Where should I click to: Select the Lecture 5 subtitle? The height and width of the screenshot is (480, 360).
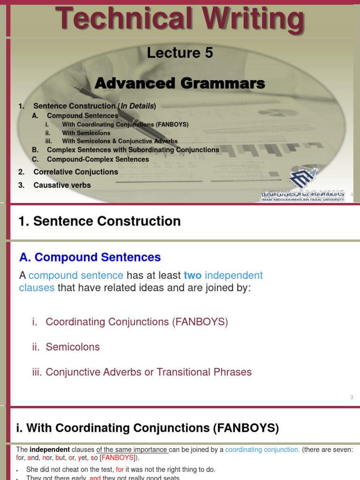click(180, 53)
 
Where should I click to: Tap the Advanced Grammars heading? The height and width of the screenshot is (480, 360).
click(180, 83)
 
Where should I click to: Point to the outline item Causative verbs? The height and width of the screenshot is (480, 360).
click(62, 185)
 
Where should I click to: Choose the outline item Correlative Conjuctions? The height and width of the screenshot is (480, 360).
click(75, 172)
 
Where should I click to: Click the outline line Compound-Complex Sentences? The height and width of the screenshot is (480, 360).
click(98, 159)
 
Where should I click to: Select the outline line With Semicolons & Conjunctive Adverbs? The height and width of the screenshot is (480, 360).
click(120, 141)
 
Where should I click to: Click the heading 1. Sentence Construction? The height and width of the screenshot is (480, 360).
click(99, 221)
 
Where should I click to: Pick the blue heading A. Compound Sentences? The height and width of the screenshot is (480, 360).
click(90, 257)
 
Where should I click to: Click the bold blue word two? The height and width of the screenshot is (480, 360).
click(192, 276)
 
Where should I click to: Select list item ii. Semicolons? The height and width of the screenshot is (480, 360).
click(66, 347)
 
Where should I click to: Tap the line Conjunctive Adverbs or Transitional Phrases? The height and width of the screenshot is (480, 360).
click(149, 372)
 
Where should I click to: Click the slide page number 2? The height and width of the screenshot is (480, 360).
click(352, 397)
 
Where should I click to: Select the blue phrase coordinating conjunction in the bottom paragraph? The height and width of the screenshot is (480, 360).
click(262, 450)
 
